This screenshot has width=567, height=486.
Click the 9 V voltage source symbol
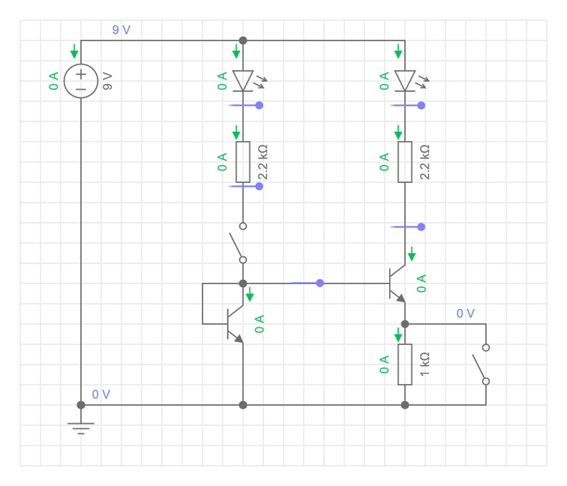pos(81,81)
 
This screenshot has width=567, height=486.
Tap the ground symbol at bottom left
pos(81,426)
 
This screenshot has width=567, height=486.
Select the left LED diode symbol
pos(243,81)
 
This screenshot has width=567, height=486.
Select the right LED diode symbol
pos(405,81)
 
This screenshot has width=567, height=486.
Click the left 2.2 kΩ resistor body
pos(243,162)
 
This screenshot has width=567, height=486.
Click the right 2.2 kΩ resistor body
pos(405,162)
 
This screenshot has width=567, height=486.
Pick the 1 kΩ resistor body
pos(405,364)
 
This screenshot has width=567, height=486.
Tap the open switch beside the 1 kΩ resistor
pos(480,364)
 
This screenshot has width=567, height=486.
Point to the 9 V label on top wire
pos(121,30)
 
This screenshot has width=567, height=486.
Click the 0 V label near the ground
pos(101,395)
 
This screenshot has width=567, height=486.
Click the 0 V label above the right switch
pos(466,313)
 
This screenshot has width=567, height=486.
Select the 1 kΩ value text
pos(425,364)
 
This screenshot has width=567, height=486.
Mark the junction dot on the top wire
pos(243,40)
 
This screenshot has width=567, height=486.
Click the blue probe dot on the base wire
pos(320,283)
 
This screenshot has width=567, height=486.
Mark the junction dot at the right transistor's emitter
pos(405,324)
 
